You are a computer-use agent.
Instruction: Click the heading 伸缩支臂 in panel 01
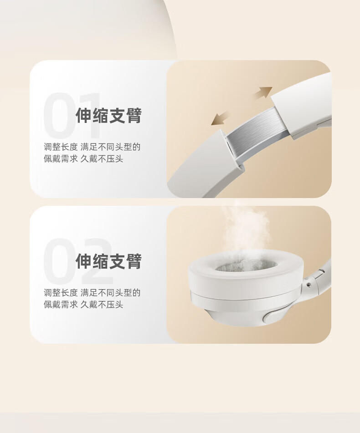click(108, 116)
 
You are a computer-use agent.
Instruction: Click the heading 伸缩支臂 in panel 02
click(108, 261)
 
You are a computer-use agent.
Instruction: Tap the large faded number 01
click(72, 116)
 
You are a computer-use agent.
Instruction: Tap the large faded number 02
click(78, 261)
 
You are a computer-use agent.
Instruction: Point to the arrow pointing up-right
click(263, 92)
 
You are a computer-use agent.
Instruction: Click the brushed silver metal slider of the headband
click(256, 130)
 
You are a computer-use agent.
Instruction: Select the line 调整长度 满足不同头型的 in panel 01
click(92, 147)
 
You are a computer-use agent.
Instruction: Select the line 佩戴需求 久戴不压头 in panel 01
click(83, 159)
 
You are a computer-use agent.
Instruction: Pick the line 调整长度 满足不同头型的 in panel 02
click(92, 292)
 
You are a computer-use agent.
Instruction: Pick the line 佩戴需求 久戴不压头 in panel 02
click(83, 305)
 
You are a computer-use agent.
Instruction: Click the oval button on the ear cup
click(273, 316)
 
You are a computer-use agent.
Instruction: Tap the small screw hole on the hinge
click(309, 284)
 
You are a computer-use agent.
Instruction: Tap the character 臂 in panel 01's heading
click(134, 116)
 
